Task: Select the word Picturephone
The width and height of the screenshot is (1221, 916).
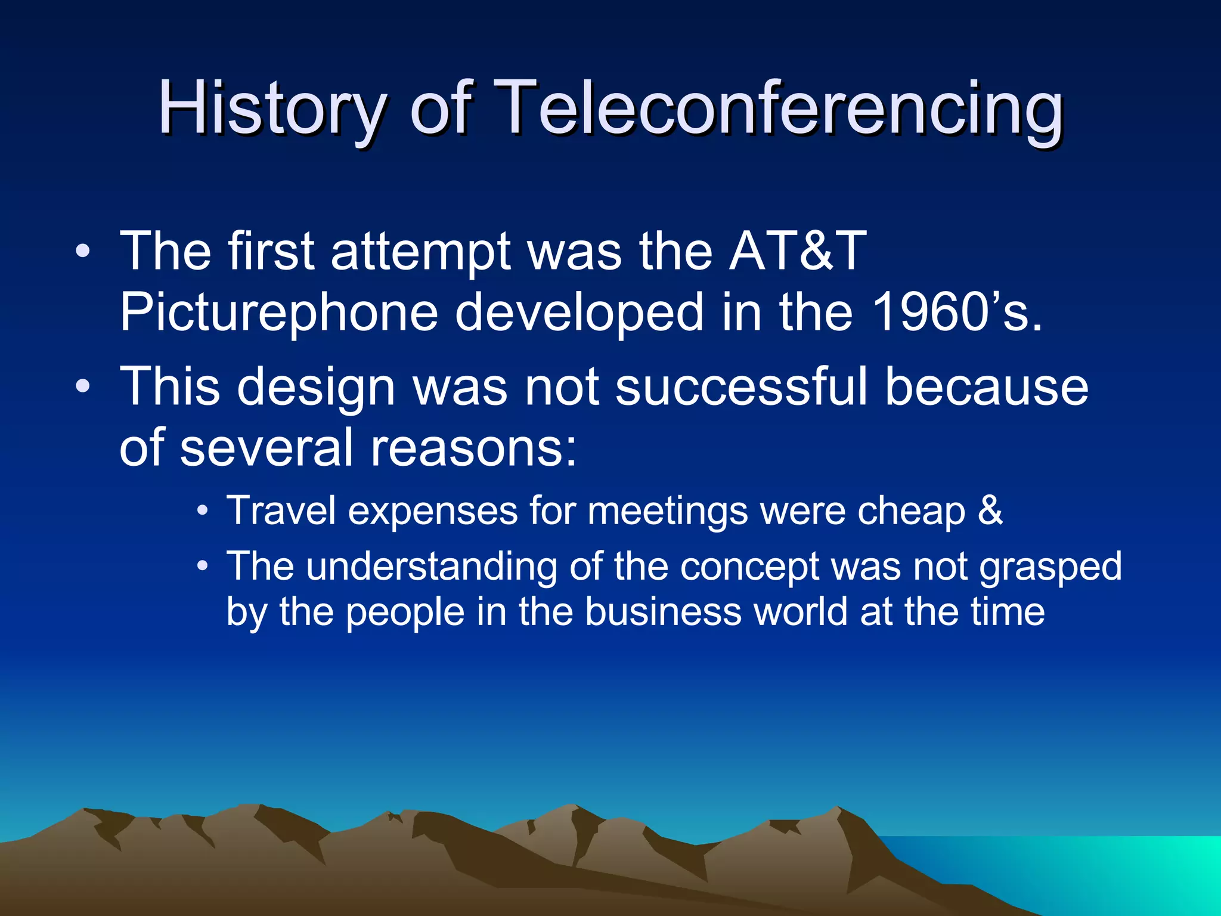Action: click(279, 312)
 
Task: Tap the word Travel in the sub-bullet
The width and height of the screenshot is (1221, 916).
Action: click(281, 511)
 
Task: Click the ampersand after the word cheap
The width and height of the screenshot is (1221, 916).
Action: click(990, 511)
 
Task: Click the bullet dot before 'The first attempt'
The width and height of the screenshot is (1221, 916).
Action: click(83, 251)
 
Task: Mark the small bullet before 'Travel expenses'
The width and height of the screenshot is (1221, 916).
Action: click(203, 511)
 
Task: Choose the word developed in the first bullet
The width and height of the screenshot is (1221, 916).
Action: click(579, 312)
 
